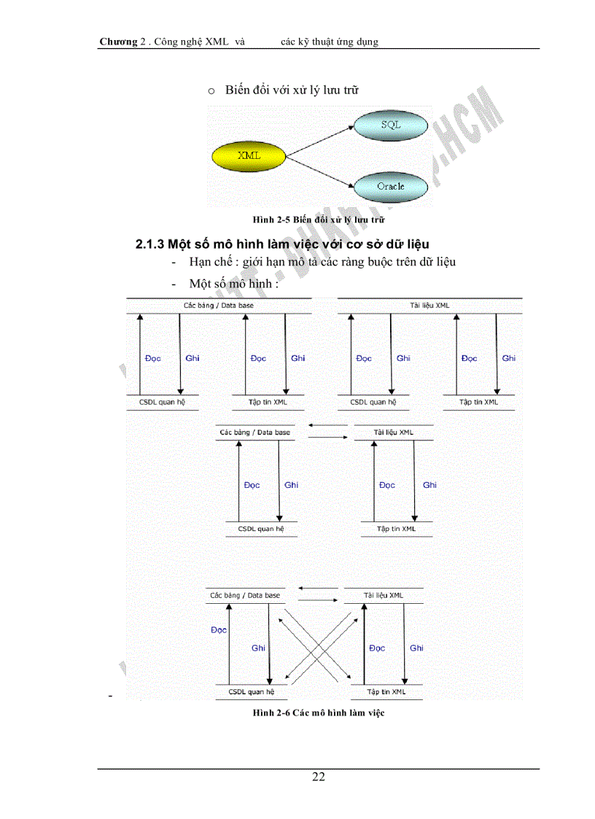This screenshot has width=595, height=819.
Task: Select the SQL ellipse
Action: point(391,125)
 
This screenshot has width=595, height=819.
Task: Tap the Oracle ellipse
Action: point(391,187)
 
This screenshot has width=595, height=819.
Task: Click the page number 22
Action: point(319,777)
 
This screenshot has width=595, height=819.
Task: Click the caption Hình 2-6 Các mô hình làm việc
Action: point(319,713)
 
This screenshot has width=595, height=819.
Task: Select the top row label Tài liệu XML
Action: point(429,306)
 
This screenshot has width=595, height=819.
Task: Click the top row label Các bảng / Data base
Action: point(219,306)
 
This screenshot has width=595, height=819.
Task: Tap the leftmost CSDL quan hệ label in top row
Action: point(161,402)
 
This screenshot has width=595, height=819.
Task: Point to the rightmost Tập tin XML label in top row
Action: point(479,402)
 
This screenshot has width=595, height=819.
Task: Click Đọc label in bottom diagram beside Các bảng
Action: point(219,630)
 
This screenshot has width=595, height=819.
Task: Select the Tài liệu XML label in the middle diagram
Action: point(393,432)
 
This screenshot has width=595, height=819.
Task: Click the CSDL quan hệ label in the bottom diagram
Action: point(251,691)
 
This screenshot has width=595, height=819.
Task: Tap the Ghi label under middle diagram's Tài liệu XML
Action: point(429,485)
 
